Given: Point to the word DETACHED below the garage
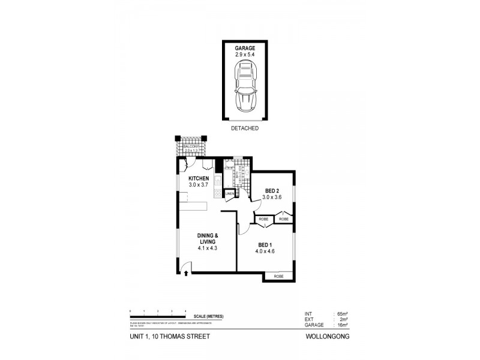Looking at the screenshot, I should [x=244, y=128].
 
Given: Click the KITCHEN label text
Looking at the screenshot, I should [x=199, y=179].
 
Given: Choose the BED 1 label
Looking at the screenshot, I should [x=266, y=245].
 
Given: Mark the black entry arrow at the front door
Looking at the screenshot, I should [x=186, y=273].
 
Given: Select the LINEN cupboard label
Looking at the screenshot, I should [x=230, y=194].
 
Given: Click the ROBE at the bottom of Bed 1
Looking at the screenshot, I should [x=278, y=276].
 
